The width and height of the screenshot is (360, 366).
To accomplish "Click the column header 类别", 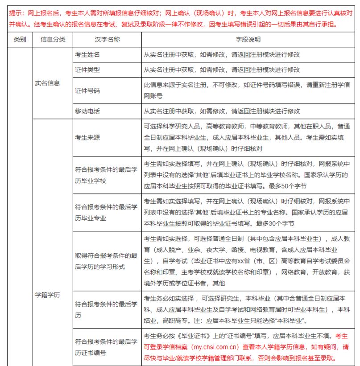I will point(20,40).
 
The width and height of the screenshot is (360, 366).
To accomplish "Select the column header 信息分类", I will point(53,40).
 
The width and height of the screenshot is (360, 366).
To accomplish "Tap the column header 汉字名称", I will point(107,40).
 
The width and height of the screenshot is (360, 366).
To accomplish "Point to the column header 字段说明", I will point(248,40).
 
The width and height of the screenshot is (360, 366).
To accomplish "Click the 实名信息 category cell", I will point(47,82).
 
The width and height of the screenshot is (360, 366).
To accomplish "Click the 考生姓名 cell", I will point(87,54).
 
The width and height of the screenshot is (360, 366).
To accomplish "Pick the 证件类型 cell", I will point(87,70).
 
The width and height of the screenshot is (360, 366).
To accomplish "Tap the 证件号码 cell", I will point(87,90).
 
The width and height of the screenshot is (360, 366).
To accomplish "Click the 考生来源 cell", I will point(87,138).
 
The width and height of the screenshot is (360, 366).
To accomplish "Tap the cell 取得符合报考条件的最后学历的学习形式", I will point(106,261).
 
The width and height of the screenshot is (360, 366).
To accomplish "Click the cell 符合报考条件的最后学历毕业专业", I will point(106,212).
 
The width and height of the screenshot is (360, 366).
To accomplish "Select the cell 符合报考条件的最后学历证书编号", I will point(106,347).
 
